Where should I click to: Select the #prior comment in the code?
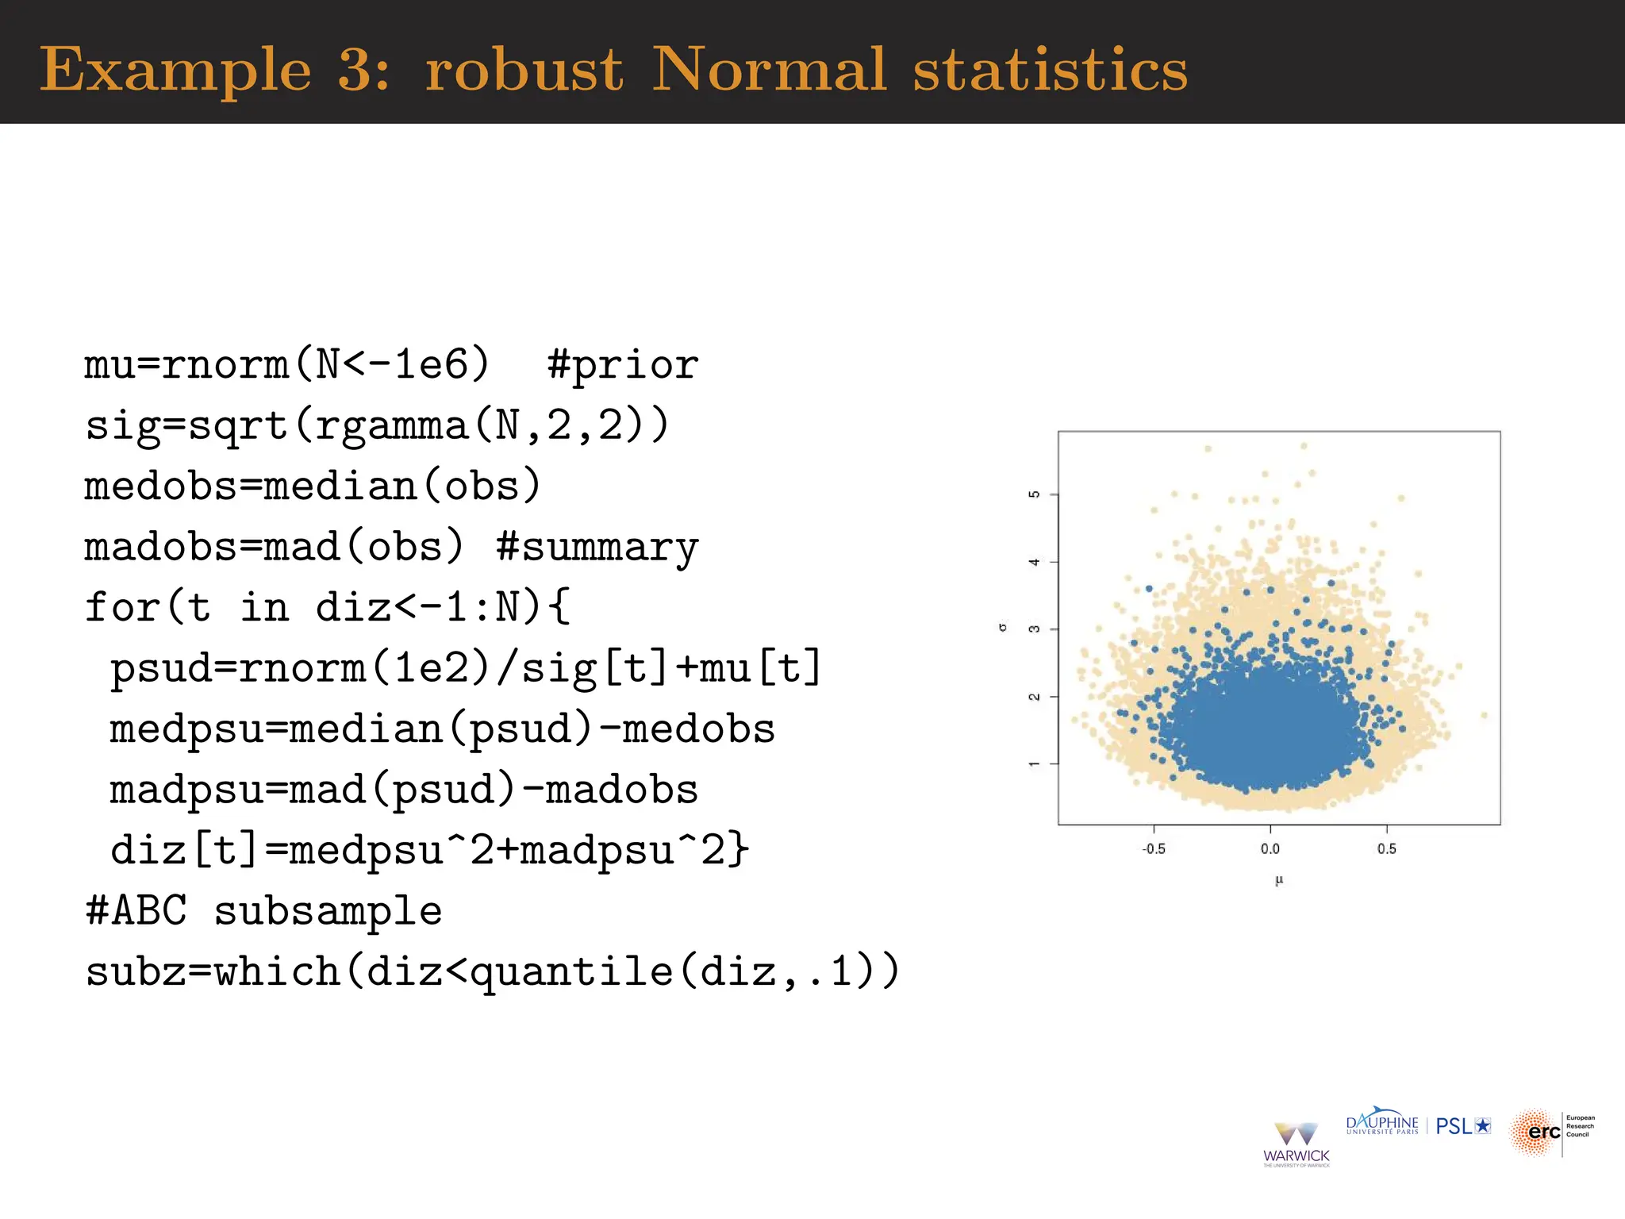[x=623, y=365]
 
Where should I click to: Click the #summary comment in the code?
[x=597, y=548]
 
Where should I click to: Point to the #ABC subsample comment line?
[x=263, y=910]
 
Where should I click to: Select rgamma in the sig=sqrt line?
[x=392, y=426]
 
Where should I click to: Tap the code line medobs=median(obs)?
[x=313, y=486]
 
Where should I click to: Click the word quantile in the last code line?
[x=571, y=971]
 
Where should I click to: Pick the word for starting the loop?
[x=123, y=608]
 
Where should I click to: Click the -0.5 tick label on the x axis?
[x=1154, y=849]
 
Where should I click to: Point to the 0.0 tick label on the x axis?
[x=1270, y=849]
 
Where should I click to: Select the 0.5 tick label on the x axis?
[x=1387, y=849]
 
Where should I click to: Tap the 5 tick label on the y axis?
[x=1034, y=494]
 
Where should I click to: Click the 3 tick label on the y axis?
[x=1034, y=629]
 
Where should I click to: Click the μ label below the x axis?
[x=1279, y=880]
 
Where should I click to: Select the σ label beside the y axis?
[x=1003, y=628]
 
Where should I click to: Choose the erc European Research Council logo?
[x=1551, y=1132]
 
